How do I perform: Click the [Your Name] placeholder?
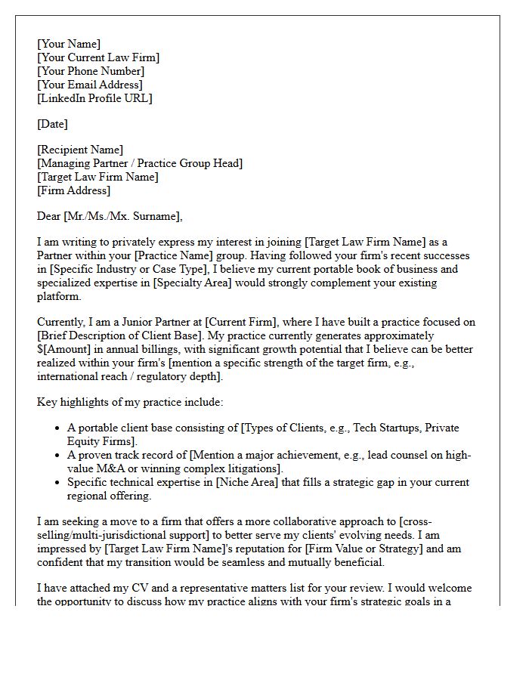click(69, 44)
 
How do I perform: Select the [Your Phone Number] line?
click(91, 71)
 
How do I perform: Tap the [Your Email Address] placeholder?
click(90, 85)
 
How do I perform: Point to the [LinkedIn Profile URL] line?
click(94, 98)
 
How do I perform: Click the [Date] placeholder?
click(52, 124)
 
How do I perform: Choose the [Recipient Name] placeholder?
click(80, 150)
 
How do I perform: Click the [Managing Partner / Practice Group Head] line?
click(140, 163)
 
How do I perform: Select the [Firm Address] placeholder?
click(73, 190)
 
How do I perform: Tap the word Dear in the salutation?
click(49, 216)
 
